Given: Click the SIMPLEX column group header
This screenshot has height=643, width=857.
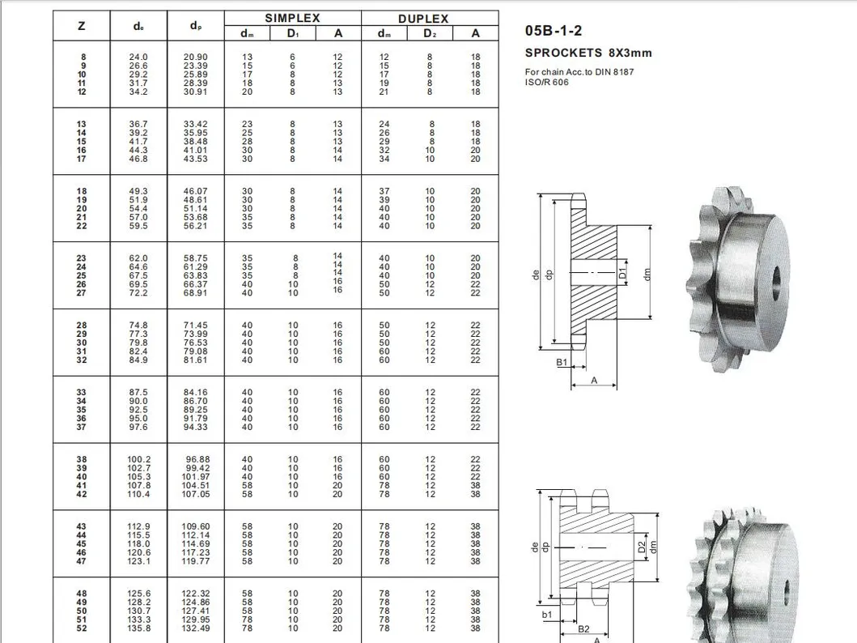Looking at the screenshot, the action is click(x=292, y=18).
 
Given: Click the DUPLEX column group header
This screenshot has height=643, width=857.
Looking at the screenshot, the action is click(x=423, y=19).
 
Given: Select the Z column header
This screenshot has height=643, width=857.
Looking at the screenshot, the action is click(x=82, y=26).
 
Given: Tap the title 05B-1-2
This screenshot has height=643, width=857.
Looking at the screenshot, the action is click(x=553, y=31).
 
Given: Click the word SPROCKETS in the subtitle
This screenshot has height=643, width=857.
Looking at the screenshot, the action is click(x=563, y=53).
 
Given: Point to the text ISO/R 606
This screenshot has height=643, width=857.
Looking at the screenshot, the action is click(x=546, y=82).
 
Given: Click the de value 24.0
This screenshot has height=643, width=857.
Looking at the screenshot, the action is click(x=138, y=57).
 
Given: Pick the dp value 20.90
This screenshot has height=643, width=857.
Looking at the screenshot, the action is click(x=195, y=57).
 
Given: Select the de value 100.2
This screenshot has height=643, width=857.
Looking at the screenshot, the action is click(x=139, y=459).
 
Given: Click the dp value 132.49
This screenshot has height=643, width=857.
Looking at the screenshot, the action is click(x=195, y=628).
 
